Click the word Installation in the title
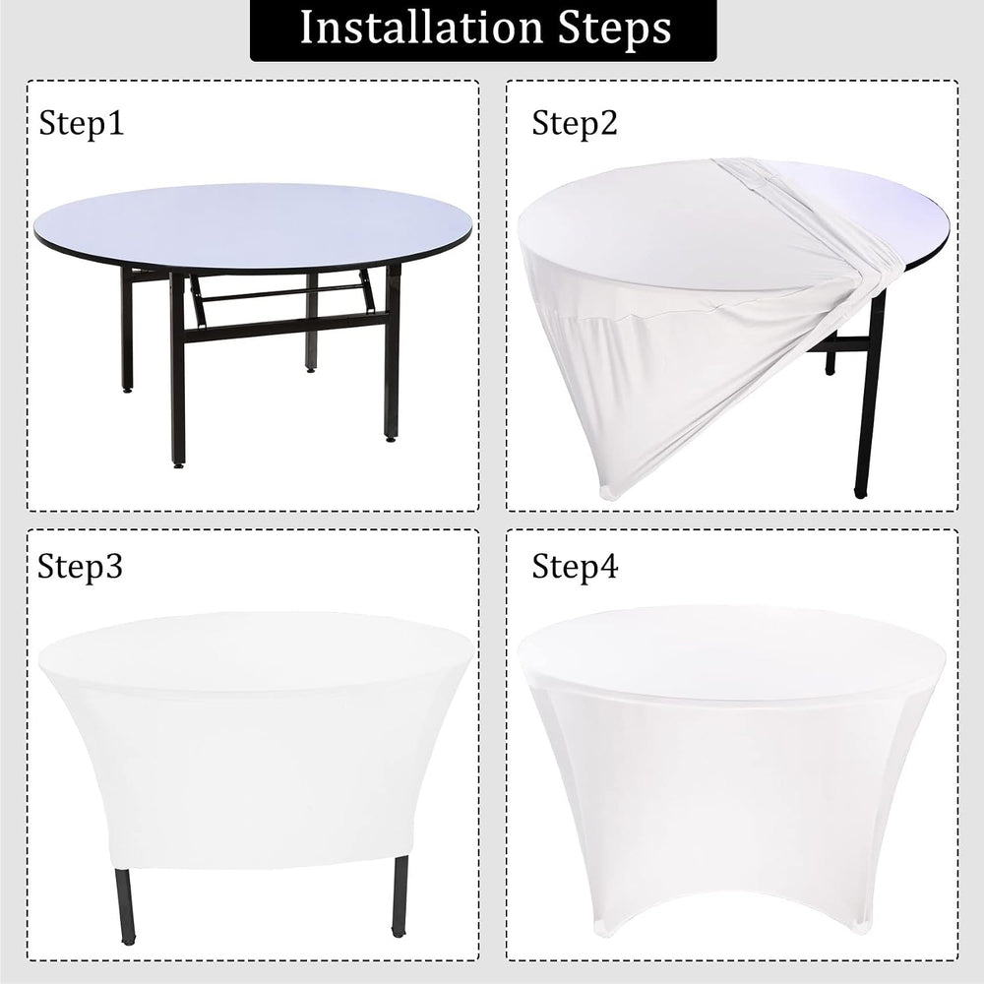421,28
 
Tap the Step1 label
82,123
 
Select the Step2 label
575,123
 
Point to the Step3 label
81,567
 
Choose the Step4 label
575,567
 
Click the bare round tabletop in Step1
252,227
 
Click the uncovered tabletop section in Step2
872,207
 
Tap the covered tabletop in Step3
256,652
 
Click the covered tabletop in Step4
731,646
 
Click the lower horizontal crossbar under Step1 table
285,329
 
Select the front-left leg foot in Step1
178,463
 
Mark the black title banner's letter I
307,28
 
